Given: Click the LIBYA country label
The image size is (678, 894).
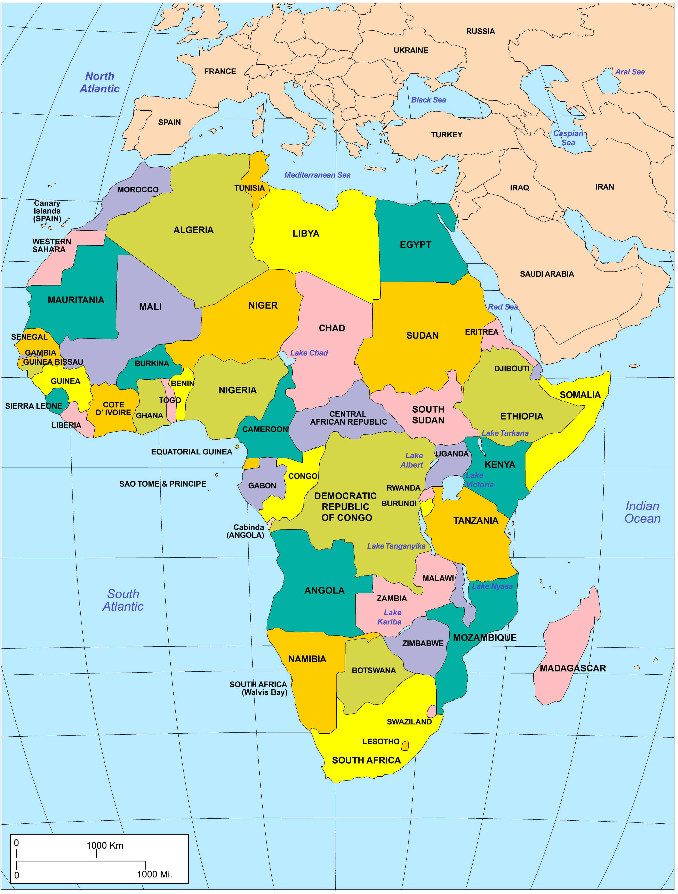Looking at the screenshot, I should coord(306,234).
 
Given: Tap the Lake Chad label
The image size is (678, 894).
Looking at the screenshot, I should coord(309,353).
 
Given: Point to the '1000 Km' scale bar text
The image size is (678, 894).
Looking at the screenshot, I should coord(105,845).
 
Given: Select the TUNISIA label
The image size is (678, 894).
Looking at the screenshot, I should coord(250,188).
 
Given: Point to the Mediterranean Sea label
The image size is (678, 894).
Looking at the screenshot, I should coord(317,175).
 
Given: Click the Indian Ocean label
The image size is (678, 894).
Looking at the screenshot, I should coord(642,512).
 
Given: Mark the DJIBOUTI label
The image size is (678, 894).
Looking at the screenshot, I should coord(512,369).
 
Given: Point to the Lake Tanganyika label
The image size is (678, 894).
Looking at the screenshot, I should coord(396,546).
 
